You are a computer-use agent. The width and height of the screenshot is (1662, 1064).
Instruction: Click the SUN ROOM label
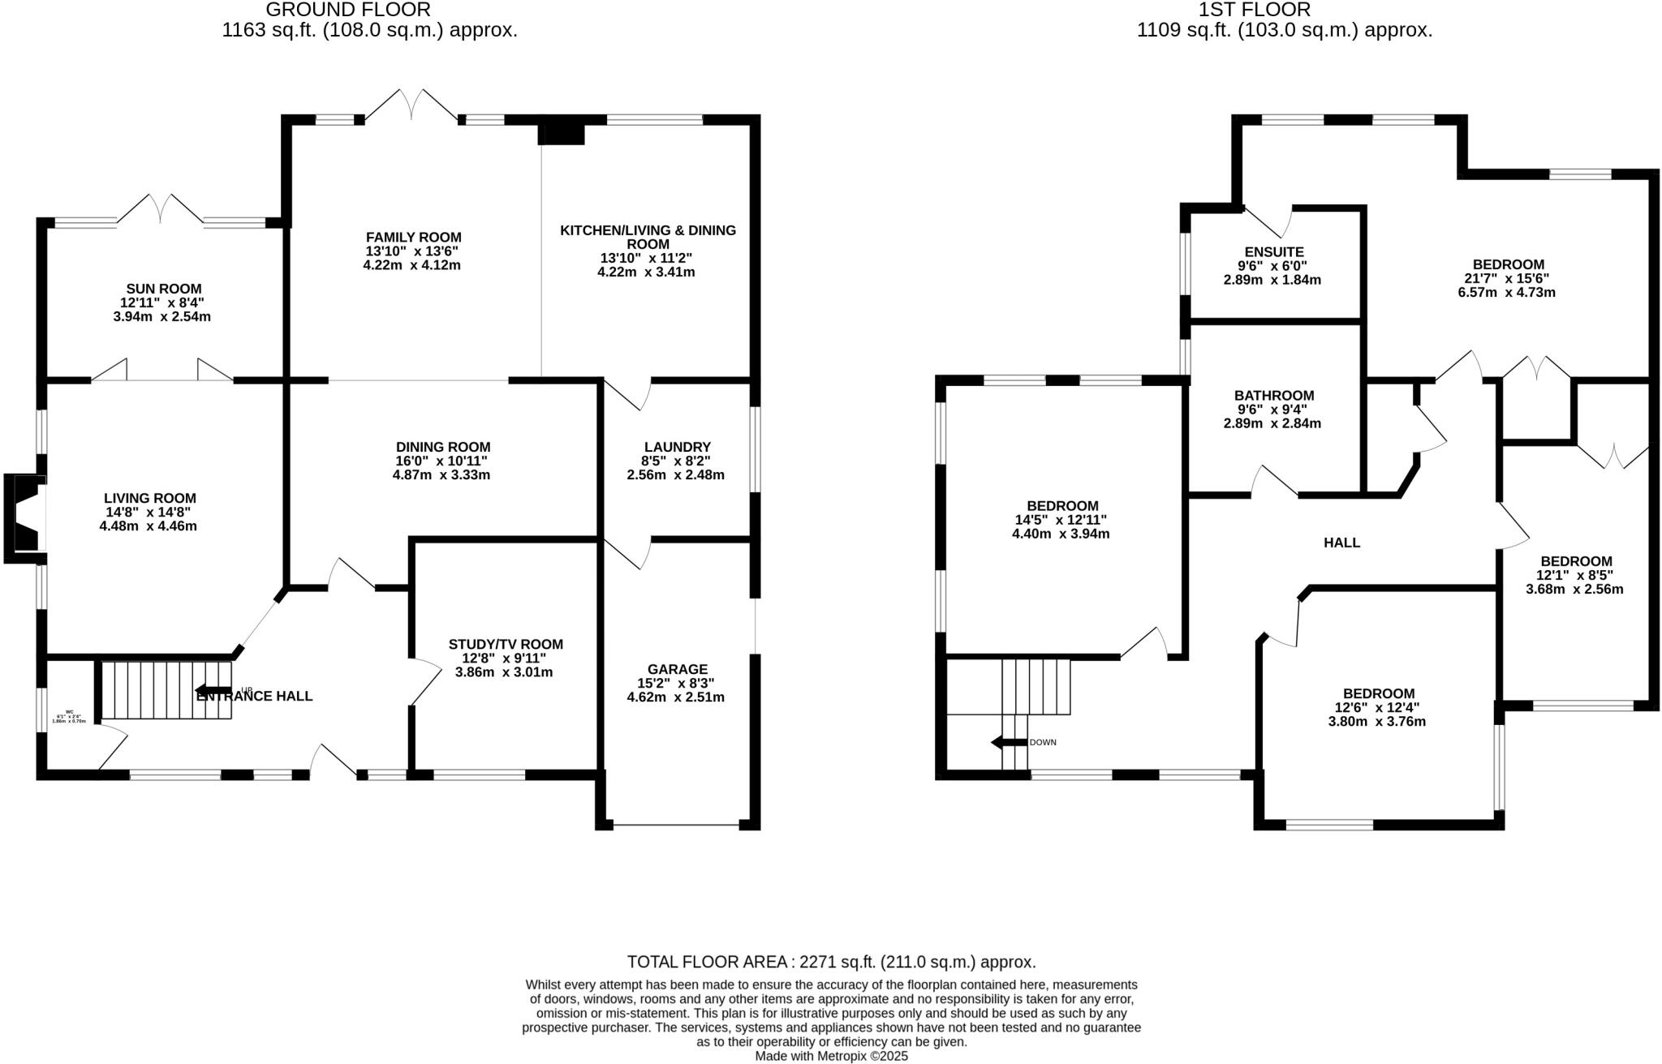coord(163,289)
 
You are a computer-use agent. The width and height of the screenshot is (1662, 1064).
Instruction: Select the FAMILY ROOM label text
coord(413,237)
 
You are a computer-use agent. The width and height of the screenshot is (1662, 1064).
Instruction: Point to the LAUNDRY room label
coord(677,447)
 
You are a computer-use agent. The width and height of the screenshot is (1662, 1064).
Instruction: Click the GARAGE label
coord(677,669)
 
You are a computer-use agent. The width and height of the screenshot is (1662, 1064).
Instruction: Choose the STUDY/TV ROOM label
coord(505,645)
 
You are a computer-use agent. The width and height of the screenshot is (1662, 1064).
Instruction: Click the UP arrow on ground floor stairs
coord(214,692)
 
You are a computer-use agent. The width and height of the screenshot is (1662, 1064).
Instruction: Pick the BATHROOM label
coord(1274,396)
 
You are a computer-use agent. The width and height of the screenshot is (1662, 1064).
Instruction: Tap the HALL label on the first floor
coord(1341,543)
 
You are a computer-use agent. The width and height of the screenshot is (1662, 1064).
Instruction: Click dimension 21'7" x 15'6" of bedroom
coord(1508,278)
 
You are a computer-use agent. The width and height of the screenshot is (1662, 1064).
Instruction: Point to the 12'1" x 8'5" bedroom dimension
coord(1575,575)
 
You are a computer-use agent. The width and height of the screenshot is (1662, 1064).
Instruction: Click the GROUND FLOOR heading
coord(348,10)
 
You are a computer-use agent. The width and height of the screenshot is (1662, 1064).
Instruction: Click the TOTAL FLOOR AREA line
coord(831,963)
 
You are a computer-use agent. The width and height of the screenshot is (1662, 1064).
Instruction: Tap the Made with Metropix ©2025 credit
coord(831,1056)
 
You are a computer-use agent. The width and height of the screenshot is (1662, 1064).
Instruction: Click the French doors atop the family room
coord(413,106)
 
